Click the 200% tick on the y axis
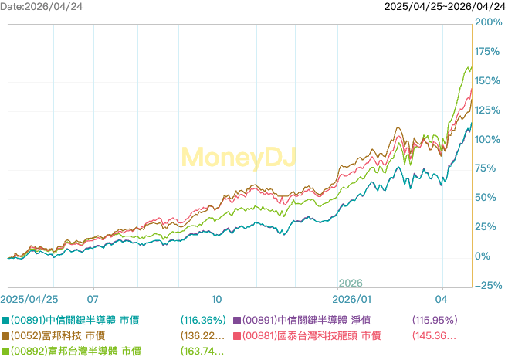click(487, 22)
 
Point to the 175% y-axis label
click(487, 52)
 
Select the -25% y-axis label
click(488, 286)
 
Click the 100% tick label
click(487, 140)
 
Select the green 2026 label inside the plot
click(350, 284)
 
